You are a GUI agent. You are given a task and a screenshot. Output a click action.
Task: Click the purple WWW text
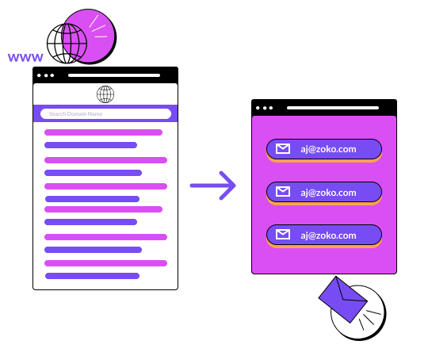tap(25, 57)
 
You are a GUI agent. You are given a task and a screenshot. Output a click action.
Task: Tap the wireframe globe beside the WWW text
tap(67, 44)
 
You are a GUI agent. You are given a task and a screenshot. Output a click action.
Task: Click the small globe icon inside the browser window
tap(105, 94)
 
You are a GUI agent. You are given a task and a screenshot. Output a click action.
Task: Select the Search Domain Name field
tap(105, 113)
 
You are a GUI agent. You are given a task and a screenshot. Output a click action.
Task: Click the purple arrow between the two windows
tap(213, 186)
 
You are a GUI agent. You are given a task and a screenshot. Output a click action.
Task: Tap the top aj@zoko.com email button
tap(324, 149)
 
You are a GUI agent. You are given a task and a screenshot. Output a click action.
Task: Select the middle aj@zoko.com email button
tap(324, 193)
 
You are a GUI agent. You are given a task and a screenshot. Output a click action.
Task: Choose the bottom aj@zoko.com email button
tap(324, 236)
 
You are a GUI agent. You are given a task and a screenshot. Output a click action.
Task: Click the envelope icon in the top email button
tap(283, 149)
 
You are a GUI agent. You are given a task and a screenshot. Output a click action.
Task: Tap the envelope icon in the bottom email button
tap(283, 235)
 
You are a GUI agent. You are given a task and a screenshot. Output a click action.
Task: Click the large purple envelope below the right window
tap(343, 300)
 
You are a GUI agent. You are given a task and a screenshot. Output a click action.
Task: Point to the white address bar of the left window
tap(114, 75)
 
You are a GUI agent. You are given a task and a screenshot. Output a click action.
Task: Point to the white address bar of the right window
tap(333, 108)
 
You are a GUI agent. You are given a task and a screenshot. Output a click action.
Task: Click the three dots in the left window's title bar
tap(46, 75)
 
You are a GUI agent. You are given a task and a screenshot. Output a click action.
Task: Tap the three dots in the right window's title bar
tap(264, 108)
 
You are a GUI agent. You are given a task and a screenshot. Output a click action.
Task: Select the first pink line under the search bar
tap(104, 132)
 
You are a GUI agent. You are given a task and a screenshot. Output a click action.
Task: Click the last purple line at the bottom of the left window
tap(92, 276)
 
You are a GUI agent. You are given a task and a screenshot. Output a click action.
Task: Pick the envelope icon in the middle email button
tap(283, 192)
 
